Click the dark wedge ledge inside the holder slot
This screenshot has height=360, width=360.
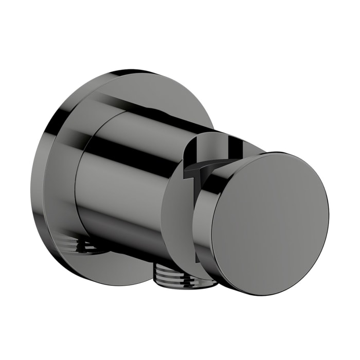point(198,168)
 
